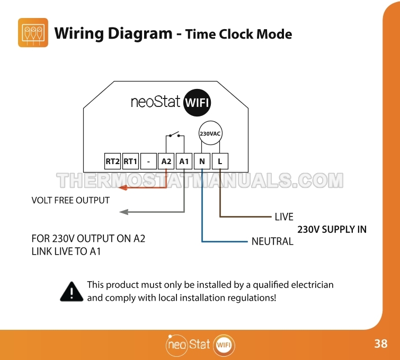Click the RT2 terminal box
click(112, 161)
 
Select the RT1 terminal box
click(131, 161)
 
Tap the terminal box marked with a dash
click(148, 161)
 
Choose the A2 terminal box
click(166, 161)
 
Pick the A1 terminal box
click(184, 161)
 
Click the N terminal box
click(202, 161)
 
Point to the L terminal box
click(220, 161)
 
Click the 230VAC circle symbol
click(210, 133)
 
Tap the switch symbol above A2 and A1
click(175, 135)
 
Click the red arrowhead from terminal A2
click(123, 188)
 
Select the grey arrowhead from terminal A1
click(124, 212)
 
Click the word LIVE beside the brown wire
click(284, 217)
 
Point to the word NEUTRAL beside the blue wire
click(272, 241)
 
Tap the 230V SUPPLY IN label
click(332, 229)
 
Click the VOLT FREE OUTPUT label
click(70, 201)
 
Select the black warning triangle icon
click(72, 292)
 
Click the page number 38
click(381, 344)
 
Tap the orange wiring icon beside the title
click(33, 33)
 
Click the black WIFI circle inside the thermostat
click(197, 103)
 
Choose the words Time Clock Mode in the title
click(239, 34)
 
